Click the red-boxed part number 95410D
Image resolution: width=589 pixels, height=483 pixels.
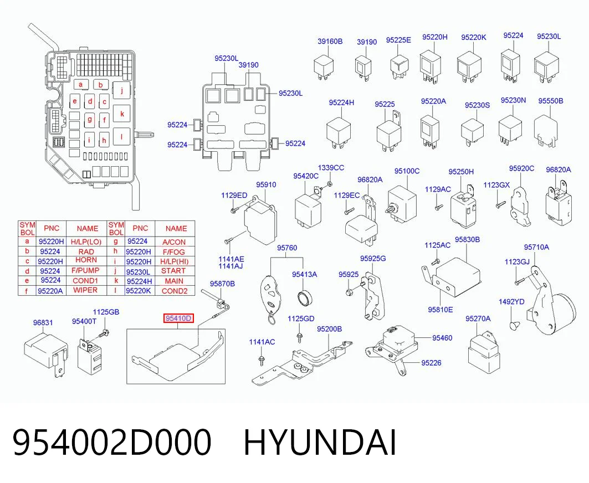[x=178, y=318]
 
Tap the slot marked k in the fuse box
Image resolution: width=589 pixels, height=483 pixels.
[x=122, y=114]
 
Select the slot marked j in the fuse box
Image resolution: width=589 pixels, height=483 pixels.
[x=121, y=90]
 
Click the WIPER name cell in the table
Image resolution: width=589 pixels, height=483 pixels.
[x=85, y=290]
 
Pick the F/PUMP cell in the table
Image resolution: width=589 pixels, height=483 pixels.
[x=86, y=271]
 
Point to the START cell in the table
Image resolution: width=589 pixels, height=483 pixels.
[x=173, y=271]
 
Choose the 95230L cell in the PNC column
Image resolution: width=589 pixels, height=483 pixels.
[x=138, y=271]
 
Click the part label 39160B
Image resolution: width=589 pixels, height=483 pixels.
[x=330, y=42]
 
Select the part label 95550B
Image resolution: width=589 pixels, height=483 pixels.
[x=550, y=101]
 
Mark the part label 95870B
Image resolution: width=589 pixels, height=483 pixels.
[x=222, y=284]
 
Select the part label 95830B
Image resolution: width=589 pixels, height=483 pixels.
[x=467, y=240]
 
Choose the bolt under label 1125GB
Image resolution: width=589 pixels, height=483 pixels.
[x=103, y=332]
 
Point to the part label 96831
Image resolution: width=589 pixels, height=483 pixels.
[x=43, y=322]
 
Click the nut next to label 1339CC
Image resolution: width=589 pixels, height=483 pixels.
[x=330, y=184]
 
